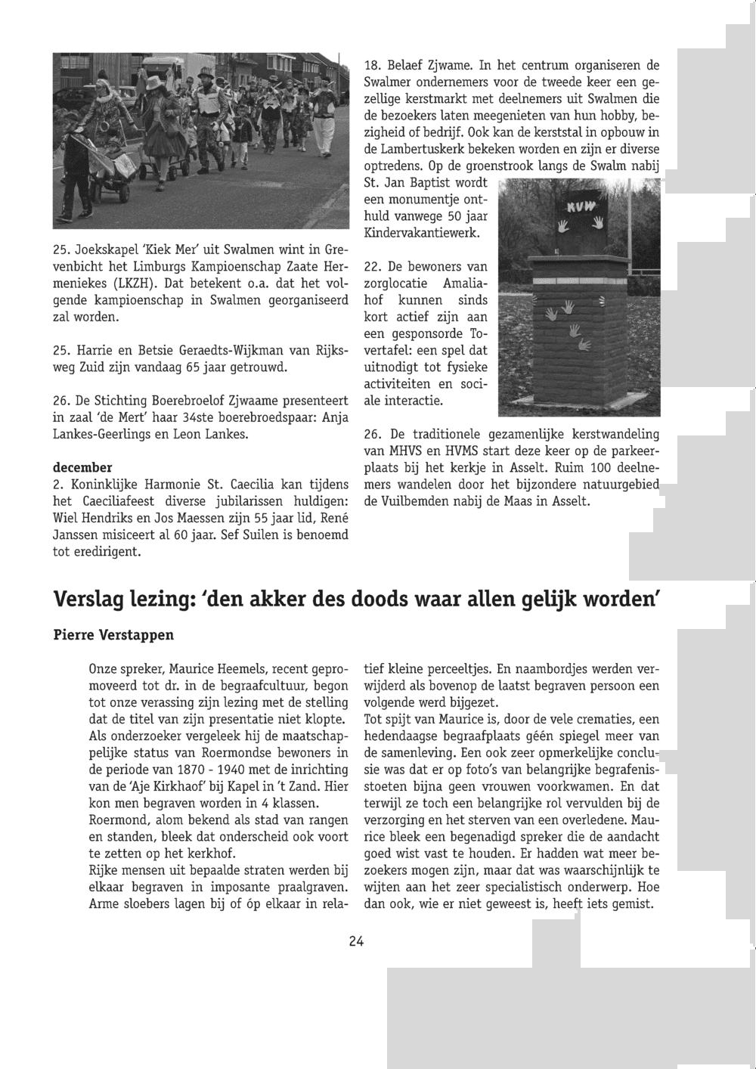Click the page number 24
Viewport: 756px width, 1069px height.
click(357, 941)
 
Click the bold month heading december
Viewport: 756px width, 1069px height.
click(82, 467)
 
